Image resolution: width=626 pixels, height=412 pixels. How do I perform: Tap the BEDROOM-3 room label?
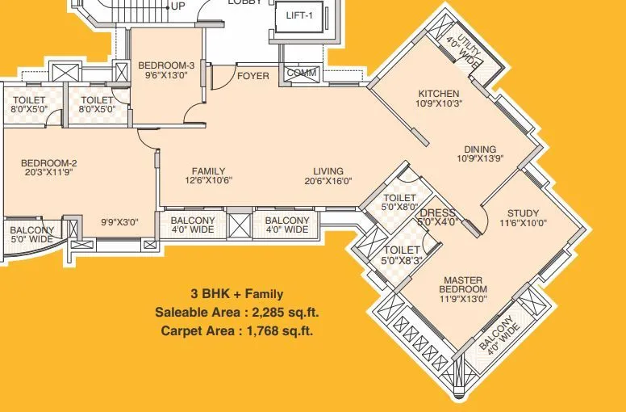pyautogui.click(x=166, y=65)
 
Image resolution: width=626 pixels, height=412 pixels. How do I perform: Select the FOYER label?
pyautogui.click(x=253, y=76)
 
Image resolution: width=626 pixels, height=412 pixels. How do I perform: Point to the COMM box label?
pyautogui.click(x=302, y=74)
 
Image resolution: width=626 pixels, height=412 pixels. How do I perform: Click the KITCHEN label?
pyautogui.click(x=439, y=93)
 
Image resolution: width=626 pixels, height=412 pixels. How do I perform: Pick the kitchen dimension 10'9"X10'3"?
pyautogui.click(x=439, y=103)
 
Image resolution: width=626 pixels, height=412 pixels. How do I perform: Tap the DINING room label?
pyautogui.click(x=480, y=149)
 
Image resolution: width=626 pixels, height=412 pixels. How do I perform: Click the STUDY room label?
pyautogui.click(x=523, y=213)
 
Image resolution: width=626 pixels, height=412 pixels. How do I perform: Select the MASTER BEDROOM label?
pyautogui.click(x=464, y=284)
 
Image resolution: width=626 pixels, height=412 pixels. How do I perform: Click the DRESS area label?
pyautogui.click(x=439, y=212)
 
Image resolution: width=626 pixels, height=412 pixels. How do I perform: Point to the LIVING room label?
pyautogui.click(x=329, y=171)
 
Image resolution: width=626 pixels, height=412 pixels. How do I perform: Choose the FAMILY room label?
pyautogui.click(x=208, y=171)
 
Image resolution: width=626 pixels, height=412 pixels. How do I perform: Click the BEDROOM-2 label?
pyautogui.click(x=48, y=163)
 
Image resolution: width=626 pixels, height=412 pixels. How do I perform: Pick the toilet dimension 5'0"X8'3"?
pyautogui.click(x=401, y=260)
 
